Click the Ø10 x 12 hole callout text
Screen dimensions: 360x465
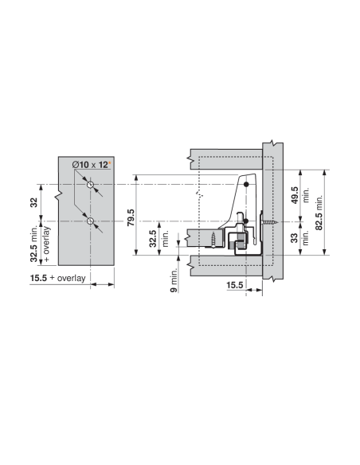point(90,165)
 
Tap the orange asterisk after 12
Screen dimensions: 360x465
point(109,162)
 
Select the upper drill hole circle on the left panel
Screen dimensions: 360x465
point(90,185)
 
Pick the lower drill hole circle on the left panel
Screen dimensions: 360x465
point(90,221)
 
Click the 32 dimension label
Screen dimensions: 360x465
point(34,202)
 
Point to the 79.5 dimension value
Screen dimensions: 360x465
point(131,217)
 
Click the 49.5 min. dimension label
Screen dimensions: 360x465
point(299,195)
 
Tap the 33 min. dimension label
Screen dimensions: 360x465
point(299,238)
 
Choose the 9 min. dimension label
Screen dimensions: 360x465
point(174,280)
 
